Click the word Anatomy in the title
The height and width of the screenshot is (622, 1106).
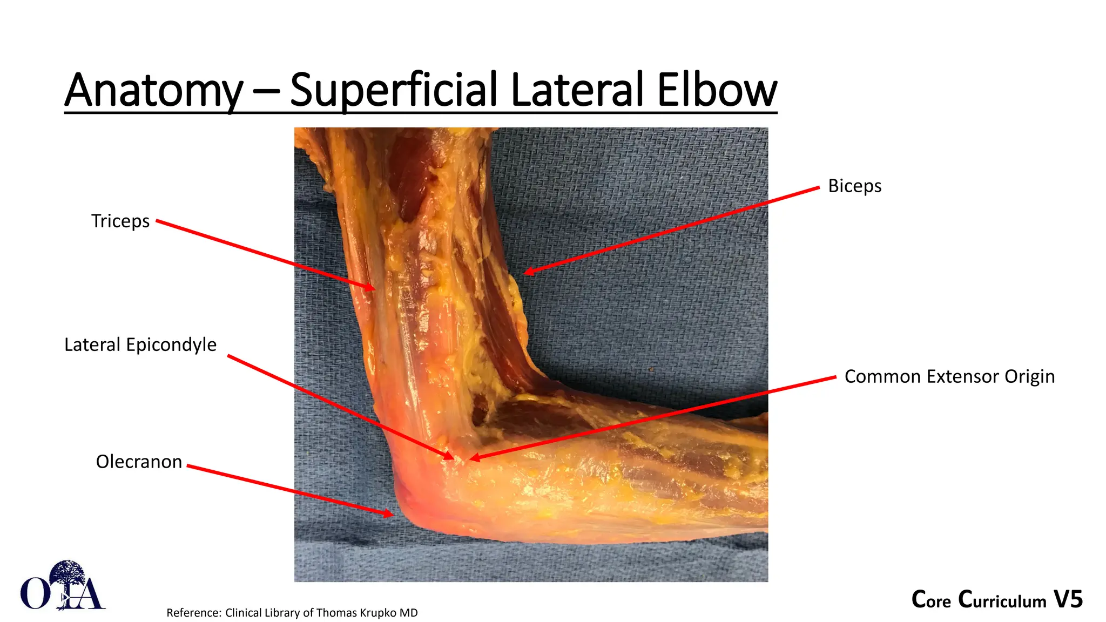point(154,91)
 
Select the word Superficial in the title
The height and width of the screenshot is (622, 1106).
point(393,91)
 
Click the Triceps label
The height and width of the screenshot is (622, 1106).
point(120,221)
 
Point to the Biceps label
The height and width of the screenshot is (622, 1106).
point(854,186)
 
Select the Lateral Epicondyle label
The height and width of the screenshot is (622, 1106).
point(140,344)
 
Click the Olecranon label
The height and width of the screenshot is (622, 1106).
point(139,462)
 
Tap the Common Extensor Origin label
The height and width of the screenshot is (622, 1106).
point(949,376)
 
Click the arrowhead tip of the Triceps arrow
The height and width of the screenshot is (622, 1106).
point(374,289)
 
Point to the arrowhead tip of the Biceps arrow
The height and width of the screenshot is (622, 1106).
point(525,273)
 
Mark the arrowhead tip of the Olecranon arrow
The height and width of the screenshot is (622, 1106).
point(393,515)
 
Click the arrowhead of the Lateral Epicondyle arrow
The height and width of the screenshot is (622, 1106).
point(453,458)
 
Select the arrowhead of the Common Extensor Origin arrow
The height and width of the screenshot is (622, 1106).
point(471,459)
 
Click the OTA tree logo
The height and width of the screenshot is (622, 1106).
point(63,586)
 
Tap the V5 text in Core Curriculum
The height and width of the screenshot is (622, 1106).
point(1068,599)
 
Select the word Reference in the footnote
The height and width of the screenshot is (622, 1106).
point(193,613)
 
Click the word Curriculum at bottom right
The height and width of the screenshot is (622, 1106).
point(1002,600)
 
